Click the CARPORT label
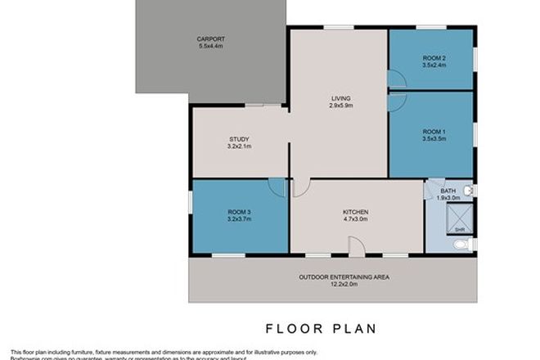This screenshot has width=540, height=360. (x=210, y=39)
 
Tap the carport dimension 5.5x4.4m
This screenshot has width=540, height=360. (x=210, y=47)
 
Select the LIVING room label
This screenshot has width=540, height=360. (x=340, y=98)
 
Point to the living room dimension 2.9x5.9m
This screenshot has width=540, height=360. (x=340, y=106)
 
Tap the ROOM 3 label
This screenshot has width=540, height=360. (x=238, y=213)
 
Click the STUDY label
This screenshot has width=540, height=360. (x=239, y=139)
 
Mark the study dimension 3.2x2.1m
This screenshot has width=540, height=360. (x=239, y=147)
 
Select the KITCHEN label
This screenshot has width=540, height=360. (x=355, y=212)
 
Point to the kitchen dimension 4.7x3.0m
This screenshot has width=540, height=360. (x=355, y=219)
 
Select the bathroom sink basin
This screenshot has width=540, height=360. (x=468, y=191)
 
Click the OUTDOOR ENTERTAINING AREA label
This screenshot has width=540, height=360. (x=343, y=277)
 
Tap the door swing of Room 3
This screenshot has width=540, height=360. (x=278, y=188)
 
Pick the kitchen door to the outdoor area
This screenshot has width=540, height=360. (x=356, y=246)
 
